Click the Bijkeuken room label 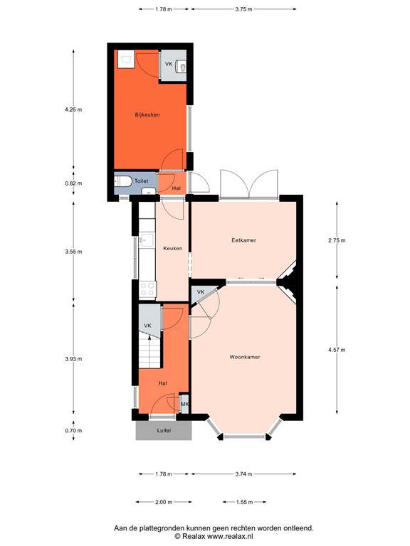[147, 114]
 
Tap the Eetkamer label [243, 240]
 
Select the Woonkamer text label [244, 356]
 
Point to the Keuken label [172, 248]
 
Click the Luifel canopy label [164, 430]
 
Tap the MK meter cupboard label [184, 405]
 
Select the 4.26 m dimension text [73, 109]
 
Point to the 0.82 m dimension [73, 183]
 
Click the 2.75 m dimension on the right [337, 240]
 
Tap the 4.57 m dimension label [337, 350]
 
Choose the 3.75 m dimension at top [243, 9]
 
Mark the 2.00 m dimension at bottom [163, 503]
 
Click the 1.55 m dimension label [243, 503]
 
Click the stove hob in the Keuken [148, 289]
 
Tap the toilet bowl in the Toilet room [122, 183]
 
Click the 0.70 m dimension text [73, 430]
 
